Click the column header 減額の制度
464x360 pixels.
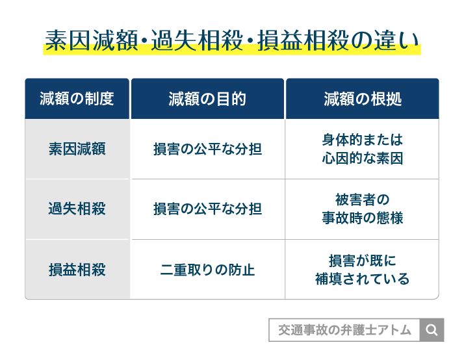point(77,99)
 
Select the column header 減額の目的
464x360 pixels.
point(207,99)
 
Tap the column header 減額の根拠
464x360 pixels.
point(362,99)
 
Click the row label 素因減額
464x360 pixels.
point(77,149)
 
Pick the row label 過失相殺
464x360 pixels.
point(77,209)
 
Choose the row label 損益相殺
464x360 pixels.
point(77,270)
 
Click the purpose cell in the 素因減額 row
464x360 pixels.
point(207,149)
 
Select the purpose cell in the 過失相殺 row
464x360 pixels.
point(207,209)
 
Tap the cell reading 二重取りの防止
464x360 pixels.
point(207,270)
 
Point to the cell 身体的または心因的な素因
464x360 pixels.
point(362,149)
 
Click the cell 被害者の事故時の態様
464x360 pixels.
point(362,209)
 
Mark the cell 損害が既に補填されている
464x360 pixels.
point(362,270)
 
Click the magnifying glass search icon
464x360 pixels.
point(432,330)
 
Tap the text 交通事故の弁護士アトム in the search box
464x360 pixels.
point(344,330)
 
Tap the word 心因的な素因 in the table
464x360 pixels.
point(362,158)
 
